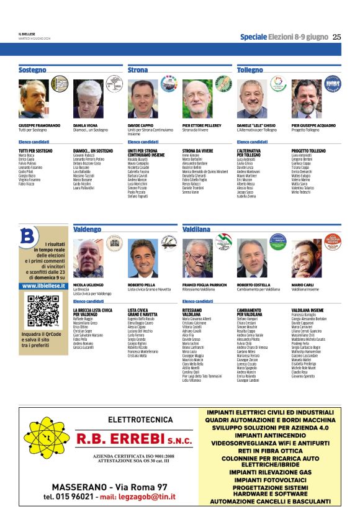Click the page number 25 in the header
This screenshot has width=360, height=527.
point(336,37)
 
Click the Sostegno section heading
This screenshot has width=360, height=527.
point(32,70)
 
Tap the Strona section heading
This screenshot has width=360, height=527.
point(138,70)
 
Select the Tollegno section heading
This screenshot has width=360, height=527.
point(250,70)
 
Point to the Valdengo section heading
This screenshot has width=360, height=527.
point(87,229)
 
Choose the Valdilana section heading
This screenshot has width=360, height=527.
point(197,229)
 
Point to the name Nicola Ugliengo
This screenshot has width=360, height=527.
point(88,284)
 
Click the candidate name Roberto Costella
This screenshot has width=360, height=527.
point(253,284)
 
